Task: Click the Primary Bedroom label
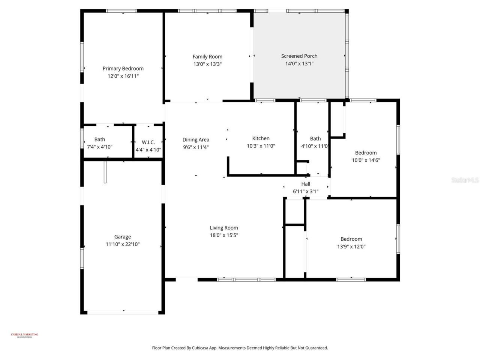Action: [123, 69]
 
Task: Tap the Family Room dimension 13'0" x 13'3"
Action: [207, 64]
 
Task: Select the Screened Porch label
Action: [299, 56]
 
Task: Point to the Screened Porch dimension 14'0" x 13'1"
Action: [299, 64]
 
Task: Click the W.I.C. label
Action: [148, 142]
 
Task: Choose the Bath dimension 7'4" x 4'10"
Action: [99, 147]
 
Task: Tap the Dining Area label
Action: [196, 140]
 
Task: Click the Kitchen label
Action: [261, 138]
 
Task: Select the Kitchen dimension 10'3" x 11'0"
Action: [261, 146]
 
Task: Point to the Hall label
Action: [306, 184]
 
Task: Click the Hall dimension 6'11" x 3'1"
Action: [306, 192]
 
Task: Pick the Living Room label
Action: [224, 228]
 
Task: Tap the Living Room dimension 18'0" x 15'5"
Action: [224, 235]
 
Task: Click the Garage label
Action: [123, 237]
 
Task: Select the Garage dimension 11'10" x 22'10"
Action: [123, 244]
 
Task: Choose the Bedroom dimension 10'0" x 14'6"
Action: [366, 160]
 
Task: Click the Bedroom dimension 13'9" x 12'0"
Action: [351, 247]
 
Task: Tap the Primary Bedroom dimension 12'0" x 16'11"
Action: [123, 76]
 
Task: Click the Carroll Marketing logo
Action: [24, 335]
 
